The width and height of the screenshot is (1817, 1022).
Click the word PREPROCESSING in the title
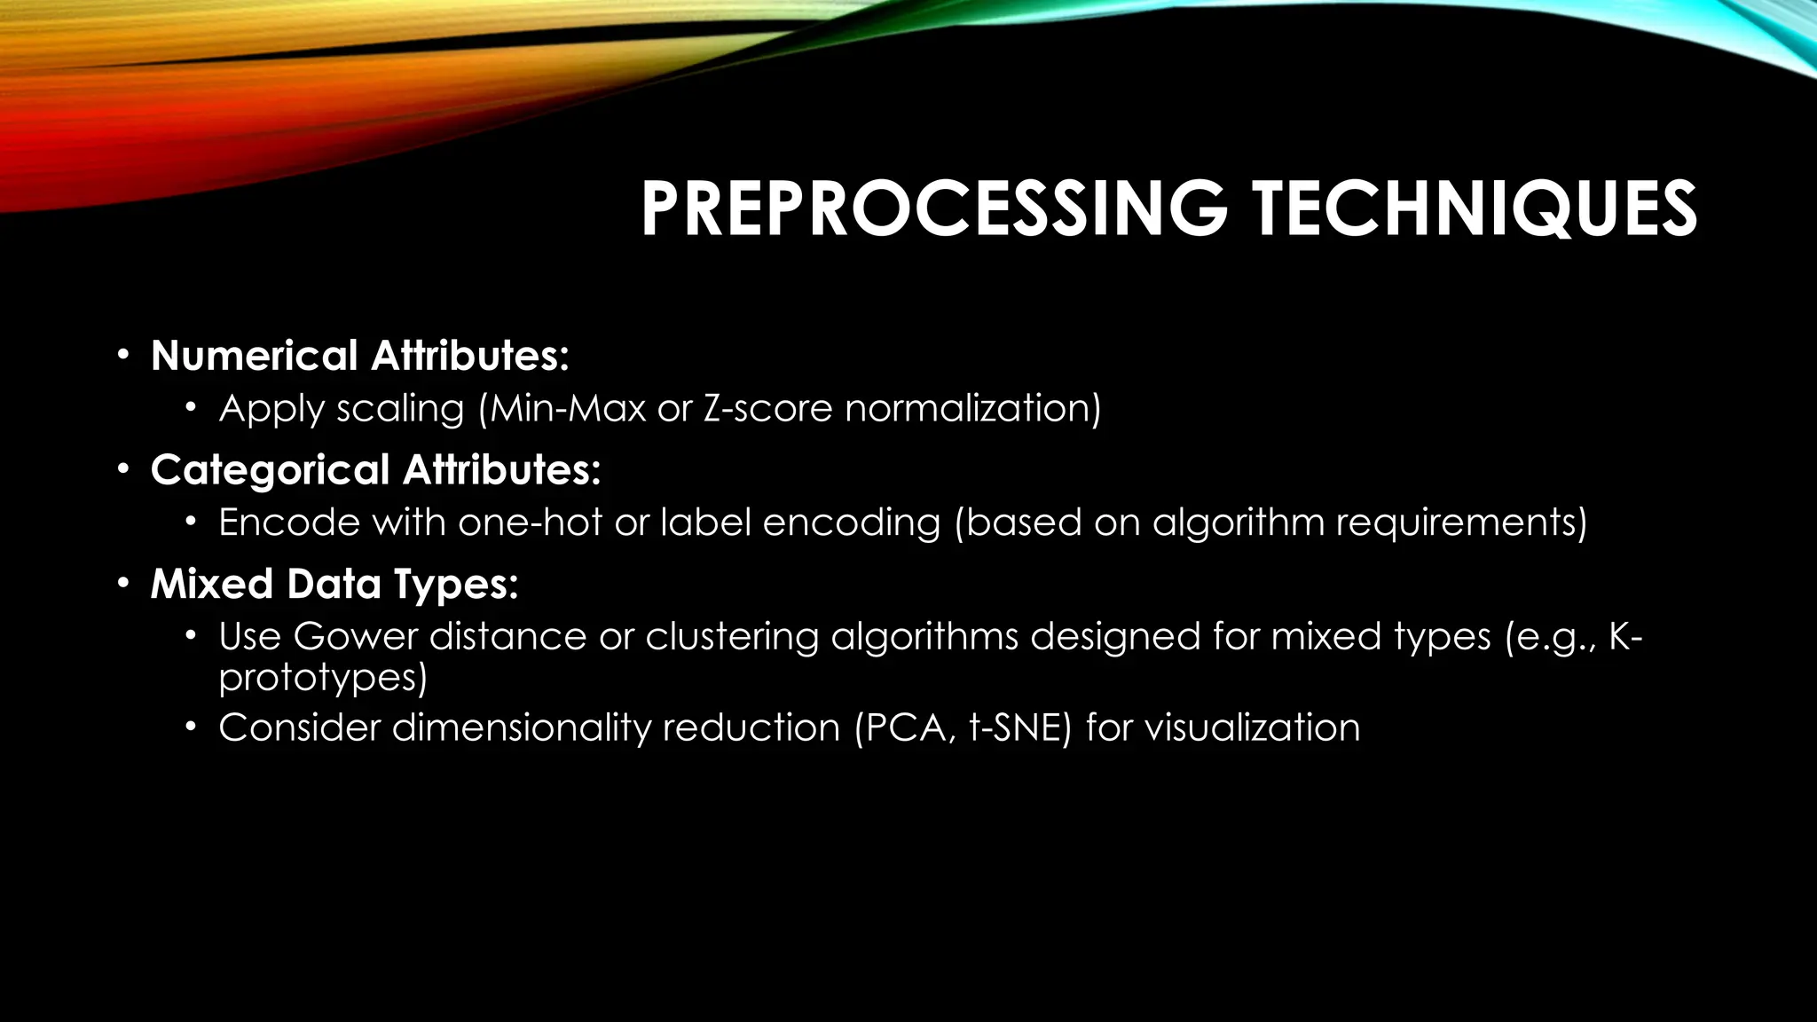click(x=934, y=209)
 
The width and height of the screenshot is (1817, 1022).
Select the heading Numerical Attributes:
click(x=359, y=356)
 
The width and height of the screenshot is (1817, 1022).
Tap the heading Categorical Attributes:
click(x=375, y=470)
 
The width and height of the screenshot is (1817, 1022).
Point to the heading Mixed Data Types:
click(x=334, y=585)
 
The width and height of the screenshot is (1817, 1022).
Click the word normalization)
click(x=972, y=409)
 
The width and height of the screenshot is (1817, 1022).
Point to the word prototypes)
click(x=323, y=679)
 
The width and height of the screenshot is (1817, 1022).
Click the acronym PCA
click(x=908, y=728)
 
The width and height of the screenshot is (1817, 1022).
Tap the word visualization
click(x=1252, y=728)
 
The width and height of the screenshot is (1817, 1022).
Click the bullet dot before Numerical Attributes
click(x=123, y=356)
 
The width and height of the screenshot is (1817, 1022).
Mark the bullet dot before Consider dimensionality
click(x=190, y=728)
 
